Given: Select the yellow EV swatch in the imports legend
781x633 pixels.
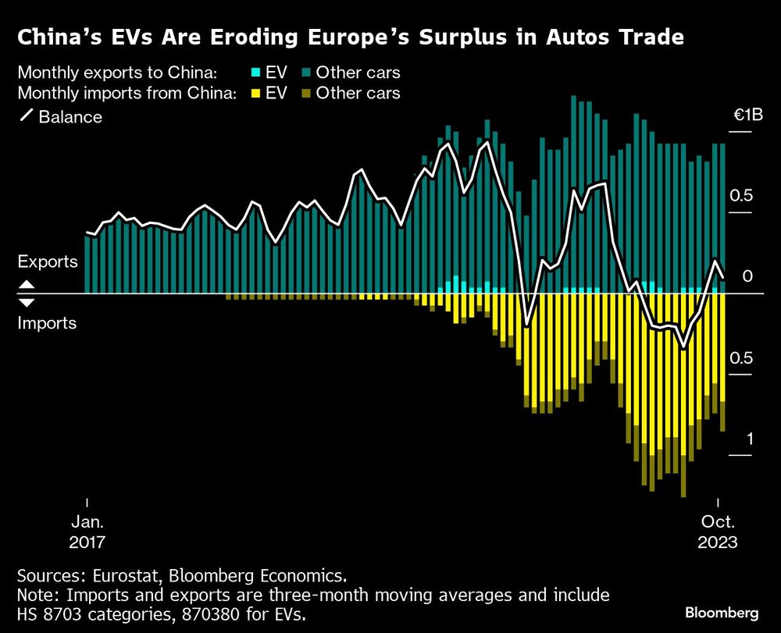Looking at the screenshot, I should (x=255, y=94).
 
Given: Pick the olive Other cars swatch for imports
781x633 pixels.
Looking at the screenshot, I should (x=305, y=94).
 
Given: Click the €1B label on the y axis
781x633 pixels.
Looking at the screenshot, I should (x=747, y=116).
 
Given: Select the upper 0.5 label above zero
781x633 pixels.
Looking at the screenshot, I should (x=741, y=196).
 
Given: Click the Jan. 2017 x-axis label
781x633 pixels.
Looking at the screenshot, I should (x=87, y=532).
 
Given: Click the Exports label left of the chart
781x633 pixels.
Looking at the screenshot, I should (x=48, y=261).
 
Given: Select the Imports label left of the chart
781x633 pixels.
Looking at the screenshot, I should (x=48, y=322).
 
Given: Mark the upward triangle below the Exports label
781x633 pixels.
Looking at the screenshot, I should (x=26, y=284).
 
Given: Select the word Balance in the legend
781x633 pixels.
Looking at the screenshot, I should (x=72, y=117).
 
